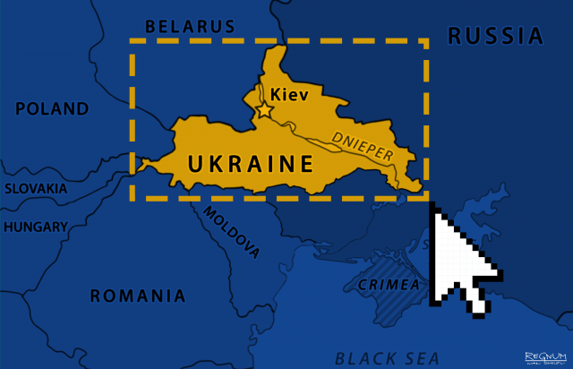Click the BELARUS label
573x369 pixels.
(190, 26)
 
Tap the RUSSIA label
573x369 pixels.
(495, 36)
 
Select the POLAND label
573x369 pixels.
(52, 109)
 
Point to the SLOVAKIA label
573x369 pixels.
(36, 188)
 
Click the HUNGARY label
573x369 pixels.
(36, 227)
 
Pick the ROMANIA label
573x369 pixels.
(137, 296)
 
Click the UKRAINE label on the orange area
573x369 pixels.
(251, 164)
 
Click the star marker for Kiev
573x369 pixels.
(265, 110)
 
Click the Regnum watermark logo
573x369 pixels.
(546, 358)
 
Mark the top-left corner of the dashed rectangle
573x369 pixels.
(132, 41)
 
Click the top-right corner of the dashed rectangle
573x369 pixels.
(426, 41)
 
